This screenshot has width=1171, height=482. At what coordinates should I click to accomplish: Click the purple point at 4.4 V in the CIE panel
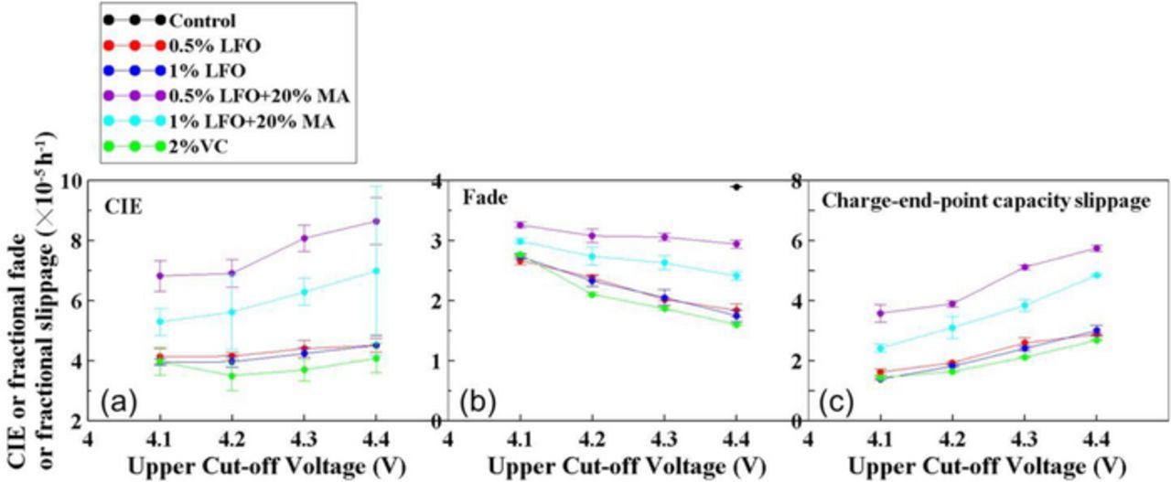pyautogui.click(x=376, y=220)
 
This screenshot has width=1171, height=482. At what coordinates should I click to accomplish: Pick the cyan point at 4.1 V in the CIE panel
pyautogui.click(x=161, y=321)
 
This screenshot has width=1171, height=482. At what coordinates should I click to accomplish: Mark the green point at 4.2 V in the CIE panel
pyautogui.click(x=232, y=375)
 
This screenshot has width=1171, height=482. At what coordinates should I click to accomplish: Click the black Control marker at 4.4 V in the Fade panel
pyautogui.click(x=736, y=187)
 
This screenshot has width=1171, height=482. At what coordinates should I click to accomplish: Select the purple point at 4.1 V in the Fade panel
pyautogui.click(x=521, y=225)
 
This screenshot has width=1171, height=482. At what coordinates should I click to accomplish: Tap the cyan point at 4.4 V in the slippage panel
pyautogui.click(x=1096, y=274)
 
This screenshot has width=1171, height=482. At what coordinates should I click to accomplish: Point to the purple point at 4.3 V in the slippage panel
pyautogui.click(x=1025, y=267)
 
